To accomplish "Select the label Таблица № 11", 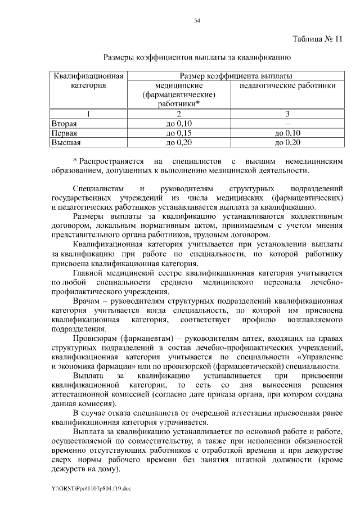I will tap(317, 39).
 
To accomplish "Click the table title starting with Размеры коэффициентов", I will tap(197, 57).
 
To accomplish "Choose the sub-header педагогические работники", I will tap(288, 86).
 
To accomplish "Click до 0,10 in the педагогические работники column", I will tap(287, 133).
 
